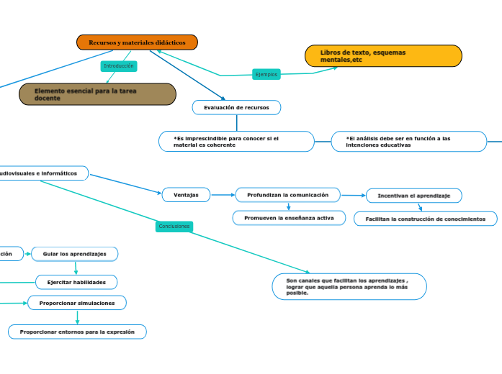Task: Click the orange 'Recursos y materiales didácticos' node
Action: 137,43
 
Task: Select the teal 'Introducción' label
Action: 119,66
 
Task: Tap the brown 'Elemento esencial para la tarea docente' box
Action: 97,94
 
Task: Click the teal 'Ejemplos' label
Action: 266,74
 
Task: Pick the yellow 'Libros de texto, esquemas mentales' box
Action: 382,56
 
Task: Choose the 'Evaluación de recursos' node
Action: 236,107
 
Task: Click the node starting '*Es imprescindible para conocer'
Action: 236,141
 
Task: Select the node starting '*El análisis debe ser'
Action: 408,141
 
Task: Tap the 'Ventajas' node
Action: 186,194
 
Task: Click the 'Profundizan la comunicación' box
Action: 287,195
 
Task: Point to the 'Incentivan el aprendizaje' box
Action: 413,196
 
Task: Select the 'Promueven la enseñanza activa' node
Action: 289,217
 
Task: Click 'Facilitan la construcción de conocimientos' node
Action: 425,219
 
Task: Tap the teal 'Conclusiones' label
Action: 174,226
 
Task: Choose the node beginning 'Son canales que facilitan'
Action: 349,286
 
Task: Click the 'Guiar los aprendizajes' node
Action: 75,254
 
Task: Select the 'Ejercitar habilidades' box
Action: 76,282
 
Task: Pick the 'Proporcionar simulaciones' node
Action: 77,303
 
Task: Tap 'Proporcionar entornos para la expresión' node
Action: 77,332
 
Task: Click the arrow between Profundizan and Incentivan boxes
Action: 353,195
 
